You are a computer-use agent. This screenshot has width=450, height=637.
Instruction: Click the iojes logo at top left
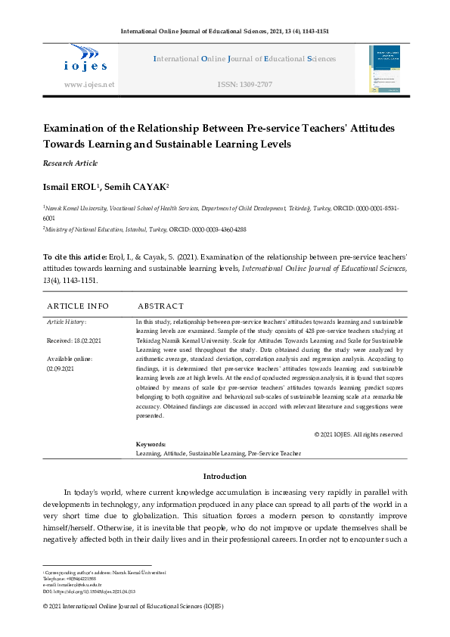tap(88, 59)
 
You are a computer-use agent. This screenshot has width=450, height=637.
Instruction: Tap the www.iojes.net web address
tap(89, 85)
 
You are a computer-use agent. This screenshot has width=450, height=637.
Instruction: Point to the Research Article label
tap(70, 163)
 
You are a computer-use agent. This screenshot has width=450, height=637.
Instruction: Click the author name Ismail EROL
tap(70, 187)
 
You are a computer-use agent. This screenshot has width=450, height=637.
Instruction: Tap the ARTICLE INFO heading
tap(78, 306)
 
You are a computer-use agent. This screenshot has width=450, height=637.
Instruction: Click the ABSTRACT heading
tap(160, 306)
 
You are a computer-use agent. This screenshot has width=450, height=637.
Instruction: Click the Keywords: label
tap(151, 445)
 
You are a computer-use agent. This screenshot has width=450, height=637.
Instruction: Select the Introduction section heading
tap(225, 477)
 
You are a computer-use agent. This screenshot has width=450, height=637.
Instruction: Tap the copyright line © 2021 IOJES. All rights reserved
tap(358, 434)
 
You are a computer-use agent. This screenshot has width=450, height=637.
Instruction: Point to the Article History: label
tap(67, 322)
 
